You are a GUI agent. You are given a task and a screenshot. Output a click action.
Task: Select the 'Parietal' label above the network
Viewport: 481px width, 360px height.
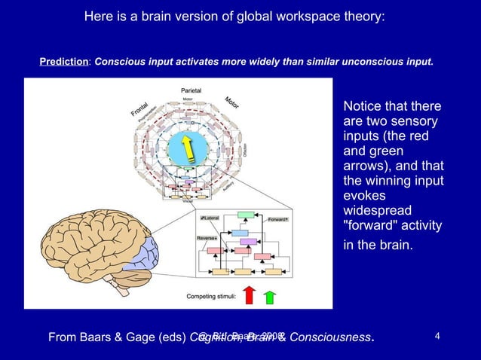point(191,90)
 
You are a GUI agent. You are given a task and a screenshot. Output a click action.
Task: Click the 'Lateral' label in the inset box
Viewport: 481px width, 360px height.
point(210,218)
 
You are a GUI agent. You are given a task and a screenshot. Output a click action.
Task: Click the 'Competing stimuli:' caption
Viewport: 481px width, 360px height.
point(212,296)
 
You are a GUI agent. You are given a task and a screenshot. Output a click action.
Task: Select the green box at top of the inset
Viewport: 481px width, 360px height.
point(243,215)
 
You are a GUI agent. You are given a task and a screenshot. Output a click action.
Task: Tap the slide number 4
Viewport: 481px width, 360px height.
point(440,337)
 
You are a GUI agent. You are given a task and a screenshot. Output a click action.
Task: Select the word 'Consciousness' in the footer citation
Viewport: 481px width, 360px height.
point(330,337)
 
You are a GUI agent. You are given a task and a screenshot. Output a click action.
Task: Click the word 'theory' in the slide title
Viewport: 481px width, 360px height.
point(364,15)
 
